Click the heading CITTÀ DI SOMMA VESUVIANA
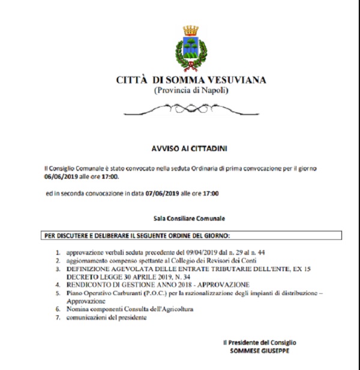[191, 80]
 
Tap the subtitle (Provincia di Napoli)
[191, 90]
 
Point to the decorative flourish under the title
[191, 109]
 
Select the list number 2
[58, 261]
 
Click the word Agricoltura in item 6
[177, 309]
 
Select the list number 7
[58, 317]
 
